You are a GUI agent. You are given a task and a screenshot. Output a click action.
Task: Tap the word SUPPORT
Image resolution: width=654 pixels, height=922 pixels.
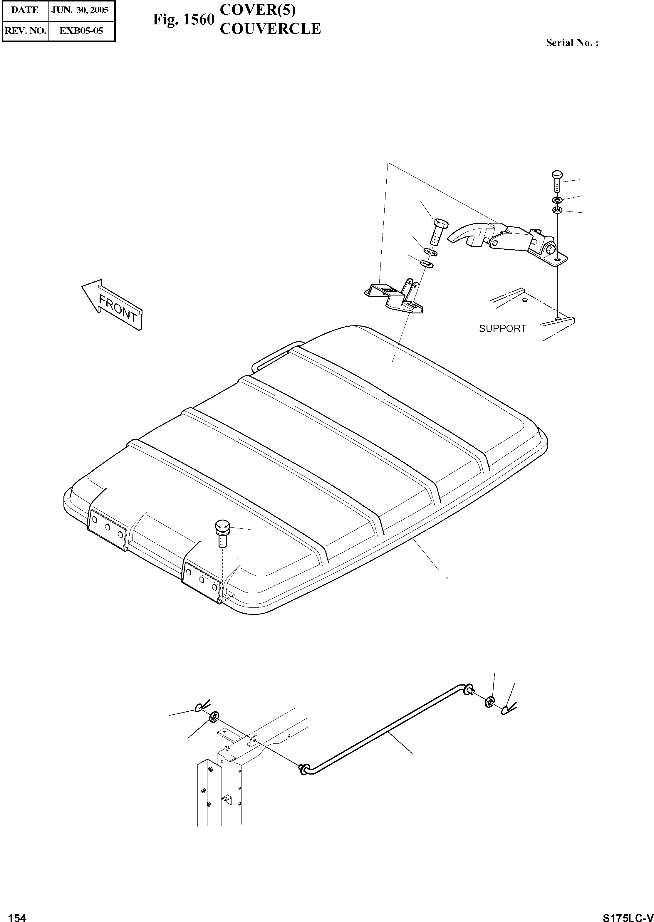coord(502,329)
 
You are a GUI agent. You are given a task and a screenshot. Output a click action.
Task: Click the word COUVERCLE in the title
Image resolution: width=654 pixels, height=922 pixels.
coord(270,29)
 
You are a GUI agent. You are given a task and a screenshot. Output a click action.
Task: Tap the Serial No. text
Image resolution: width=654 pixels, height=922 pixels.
coord(572,43)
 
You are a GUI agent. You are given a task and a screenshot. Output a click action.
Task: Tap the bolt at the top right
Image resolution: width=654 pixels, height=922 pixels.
coord(557,182)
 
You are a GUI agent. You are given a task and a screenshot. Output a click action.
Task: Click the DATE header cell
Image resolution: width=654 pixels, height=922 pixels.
coord(25,10)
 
